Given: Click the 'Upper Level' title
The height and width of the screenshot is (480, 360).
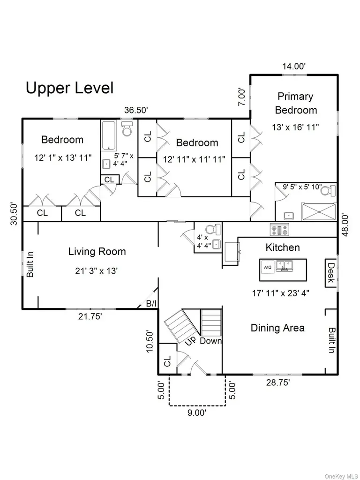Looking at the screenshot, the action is click(x=69, y=88).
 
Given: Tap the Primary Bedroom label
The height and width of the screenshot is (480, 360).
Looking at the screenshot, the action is click(x=296, y=103).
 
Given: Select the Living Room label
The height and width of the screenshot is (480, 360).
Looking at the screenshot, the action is click(x=97, y=252).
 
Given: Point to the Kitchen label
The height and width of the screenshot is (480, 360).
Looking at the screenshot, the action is click(x=283, y=247).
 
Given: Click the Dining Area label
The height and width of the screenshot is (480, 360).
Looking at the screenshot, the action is click(x=277, y=328).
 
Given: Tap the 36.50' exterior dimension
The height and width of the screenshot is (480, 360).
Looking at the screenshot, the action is click(x=136, y=110).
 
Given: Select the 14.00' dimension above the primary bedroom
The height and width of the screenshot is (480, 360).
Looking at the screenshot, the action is click(x=294, y=66).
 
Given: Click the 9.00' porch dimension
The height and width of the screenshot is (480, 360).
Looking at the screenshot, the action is click(x=197, y=412).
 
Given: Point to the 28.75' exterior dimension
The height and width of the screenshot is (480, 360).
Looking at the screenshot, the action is click(x=278, y=382).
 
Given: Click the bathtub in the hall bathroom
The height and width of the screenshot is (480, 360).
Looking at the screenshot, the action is click(x=108, y=135).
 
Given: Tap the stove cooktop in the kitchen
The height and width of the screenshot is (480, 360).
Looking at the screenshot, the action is click(x=279, y=230).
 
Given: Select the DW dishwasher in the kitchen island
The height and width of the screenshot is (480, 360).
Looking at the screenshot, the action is click(x=268, y=267).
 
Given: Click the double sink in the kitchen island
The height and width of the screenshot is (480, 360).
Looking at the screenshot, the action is click(x=285, y=266).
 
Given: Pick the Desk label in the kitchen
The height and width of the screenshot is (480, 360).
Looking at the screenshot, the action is click(x=331, y=273).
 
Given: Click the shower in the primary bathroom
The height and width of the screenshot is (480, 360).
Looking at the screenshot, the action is click(x=319, y=211).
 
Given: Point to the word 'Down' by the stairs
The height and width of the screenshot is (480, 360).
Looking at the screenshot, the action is click(x=211, y=341).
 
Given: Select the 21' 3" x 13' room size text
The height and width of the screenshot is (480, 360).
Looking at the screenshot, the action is click(x=97, y=271).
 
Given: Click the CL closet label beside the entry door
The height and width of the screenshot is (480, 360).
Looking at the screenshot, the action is click(x=167, y=362).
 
